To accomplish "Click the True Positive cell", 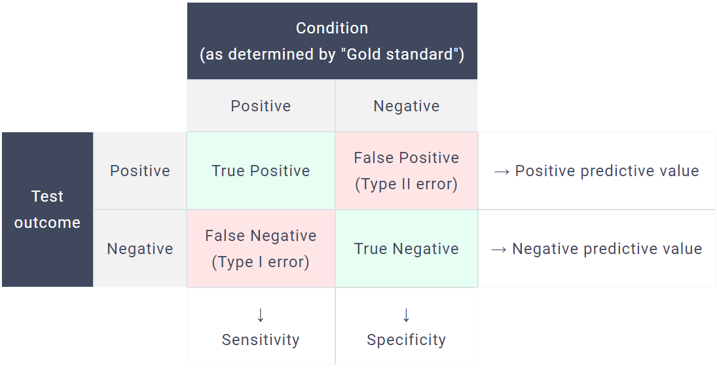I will (x=261, y=171).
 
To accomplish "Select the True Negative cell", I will (x=406, y=249).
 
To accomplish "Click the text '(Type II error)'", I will (x=406, y=184).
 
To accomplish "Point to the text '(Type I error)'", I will (x=261, y=262).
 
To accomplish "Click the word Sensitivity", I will (x=261, y=340).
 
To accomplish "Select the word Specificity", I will (x=406, y=340).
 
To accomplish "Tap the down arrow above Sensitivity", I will (x=261, y=315).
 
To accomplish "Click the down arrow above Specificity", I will (x=406, y=315).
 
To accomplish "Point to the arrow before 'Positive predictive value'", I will (x=502, y=172).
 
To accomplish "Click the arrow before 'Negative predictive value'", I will (x=499, y=249).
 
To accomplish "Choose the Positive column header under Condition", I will (x=261, y=106).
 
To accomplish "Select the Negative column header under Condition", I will (x=406, y=106).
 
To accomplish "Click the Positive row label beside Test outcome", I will (x=139, y=171).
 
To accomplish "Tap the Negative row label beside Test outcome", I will (x=139, y=249).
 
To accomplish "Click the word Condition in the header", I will (x=332, y=28).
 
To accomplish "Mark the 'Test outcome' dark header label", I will (x=47, y=210).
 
